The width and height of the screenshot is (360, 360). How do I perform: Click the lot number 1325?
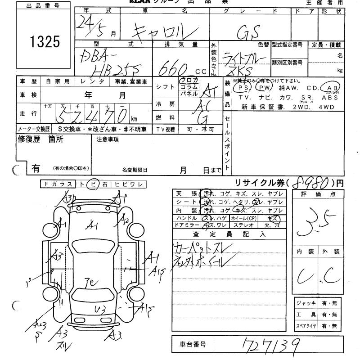45,42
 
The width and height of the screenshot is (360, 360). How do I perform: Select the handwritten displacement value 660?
174,67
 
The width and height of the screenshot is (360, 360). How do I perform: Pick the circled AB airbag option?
333,88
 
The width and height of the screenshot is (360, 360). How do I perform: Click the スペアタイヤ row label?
306,326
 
